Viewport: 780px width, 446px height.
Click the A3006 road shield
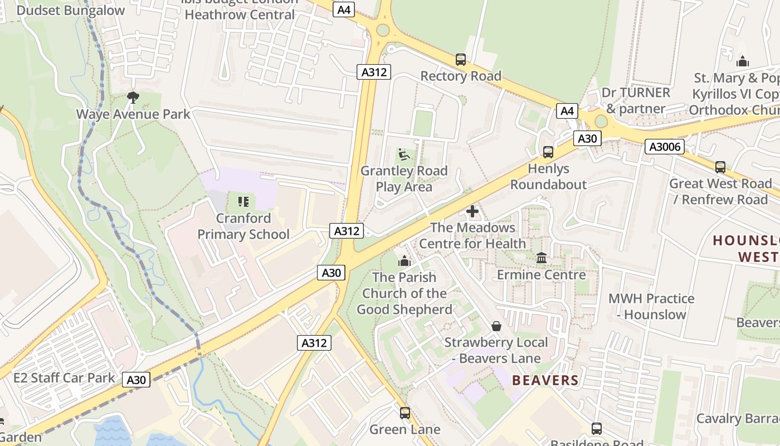pyautogui.click(x=664, y=147)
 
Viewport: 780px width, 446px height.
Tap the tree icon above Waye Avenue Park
pyautogui.click(x=133, y=98)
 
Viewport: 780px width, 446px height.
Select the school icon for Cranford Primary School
pyautogui.click(x=243, y=201)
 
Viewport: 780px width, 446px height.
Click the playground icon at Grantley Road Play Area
pyautogui.click(x=404, y=154)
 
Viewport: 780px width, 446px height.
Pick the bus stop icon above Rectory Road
pyautogui.click(x=460, y=59)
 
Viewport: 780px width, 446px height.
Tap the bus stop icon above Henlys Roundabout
pyautogui.click(x=548, y=152)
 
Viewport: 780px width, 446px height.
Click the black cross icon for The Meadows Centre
pyautogui.click(x=472, y=211)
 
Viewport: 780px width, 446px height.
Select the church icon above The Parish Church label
pyautogui.click(x=404, y=260)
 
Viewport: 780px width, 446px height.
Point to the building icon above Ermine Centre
pyautogui.click(x=541, y=258)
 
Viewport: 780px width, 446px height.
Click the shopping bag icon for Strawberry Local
pyautogui.click(x=496, y=326)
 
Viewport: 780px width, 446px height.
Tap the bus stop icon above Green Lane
pyautogui.click(x=405, y=413)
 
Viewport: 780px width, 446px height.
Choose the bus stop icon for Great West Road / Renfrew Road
pyautogui.click(x=720, y=167)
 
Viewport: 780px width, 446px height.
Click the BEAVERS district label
pyautogui.click(x=545, y=380)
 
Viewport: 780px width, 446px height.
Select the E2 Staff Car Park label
pyautogui.click(x=64, y=378)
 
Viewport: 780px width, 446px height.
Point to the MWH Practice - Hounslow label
pyautogui.click(x=651, y=306)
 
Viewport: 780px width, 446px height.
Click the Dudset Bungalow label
pyautogui.click(x=71, y=10)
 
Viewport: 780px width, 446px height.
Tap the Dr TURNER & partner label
pyautogui.click(x=636, y=100)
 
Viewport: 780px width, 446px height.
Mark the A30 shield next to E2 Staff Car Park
pyautogui.click(x=135, y=380)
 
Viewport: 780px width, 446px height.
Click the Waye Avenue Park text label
pyautogui.click(x=133, y=114)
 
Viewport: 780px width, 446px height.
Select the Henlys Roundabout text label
pyautogui.click(x=548, y=176)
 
